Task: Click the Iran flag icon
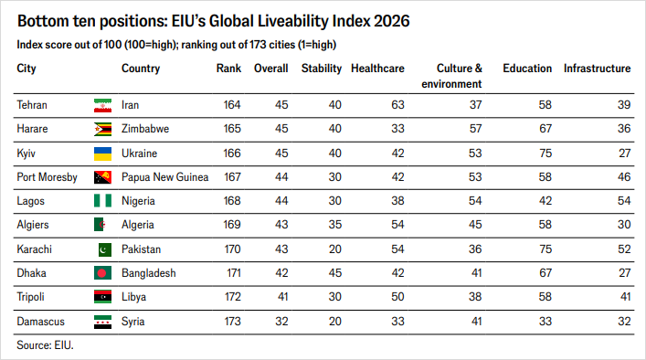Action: point(102,105)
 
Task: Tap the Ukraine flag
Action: point(102,154)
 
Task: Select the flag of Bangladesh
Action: point(102,273)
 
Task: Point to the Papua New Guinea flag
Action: point(102,177)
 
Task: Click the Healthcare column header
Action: point(377,69)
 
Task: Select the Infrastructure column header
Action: point(597,69)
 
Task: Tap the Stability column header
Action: point(322,69)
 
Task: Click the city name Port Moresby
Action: point(47,177)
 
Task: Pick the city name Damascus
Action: point(40,322)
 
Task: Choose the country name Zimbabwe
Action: point(145,129)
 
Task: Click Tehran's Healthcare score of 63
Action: point(397,105)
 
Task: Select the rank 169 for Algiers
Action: point(232,225)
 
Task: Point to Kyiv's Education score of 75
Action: point(545,154)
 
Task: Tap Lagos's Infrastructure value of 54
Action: point(624,201)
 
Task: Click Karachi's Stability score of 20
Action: point(335,249)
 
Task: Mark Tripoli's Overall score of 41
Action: point(282,297)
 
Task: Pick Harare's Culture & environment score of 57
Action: point(475,129)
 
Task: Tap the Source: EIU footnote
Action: point(45,345)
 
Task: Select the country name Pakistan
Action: point(141,249)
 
